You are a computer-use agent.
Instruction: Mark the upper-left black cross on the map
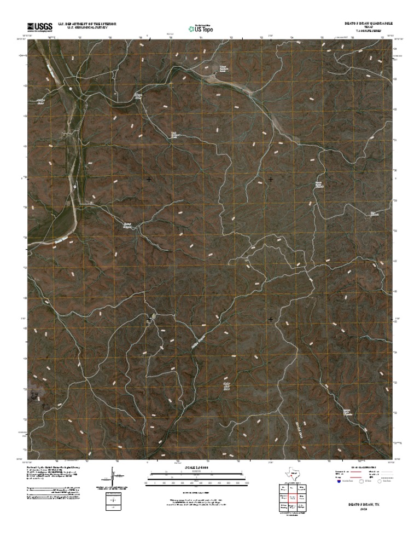point(149,179)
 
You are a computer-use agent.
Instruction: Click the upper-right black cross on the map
point(271,179)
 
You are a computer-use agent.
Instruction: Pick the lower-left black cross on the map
point(149,319)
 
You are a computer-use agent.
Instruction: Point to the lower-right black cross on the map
point(271,319)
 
